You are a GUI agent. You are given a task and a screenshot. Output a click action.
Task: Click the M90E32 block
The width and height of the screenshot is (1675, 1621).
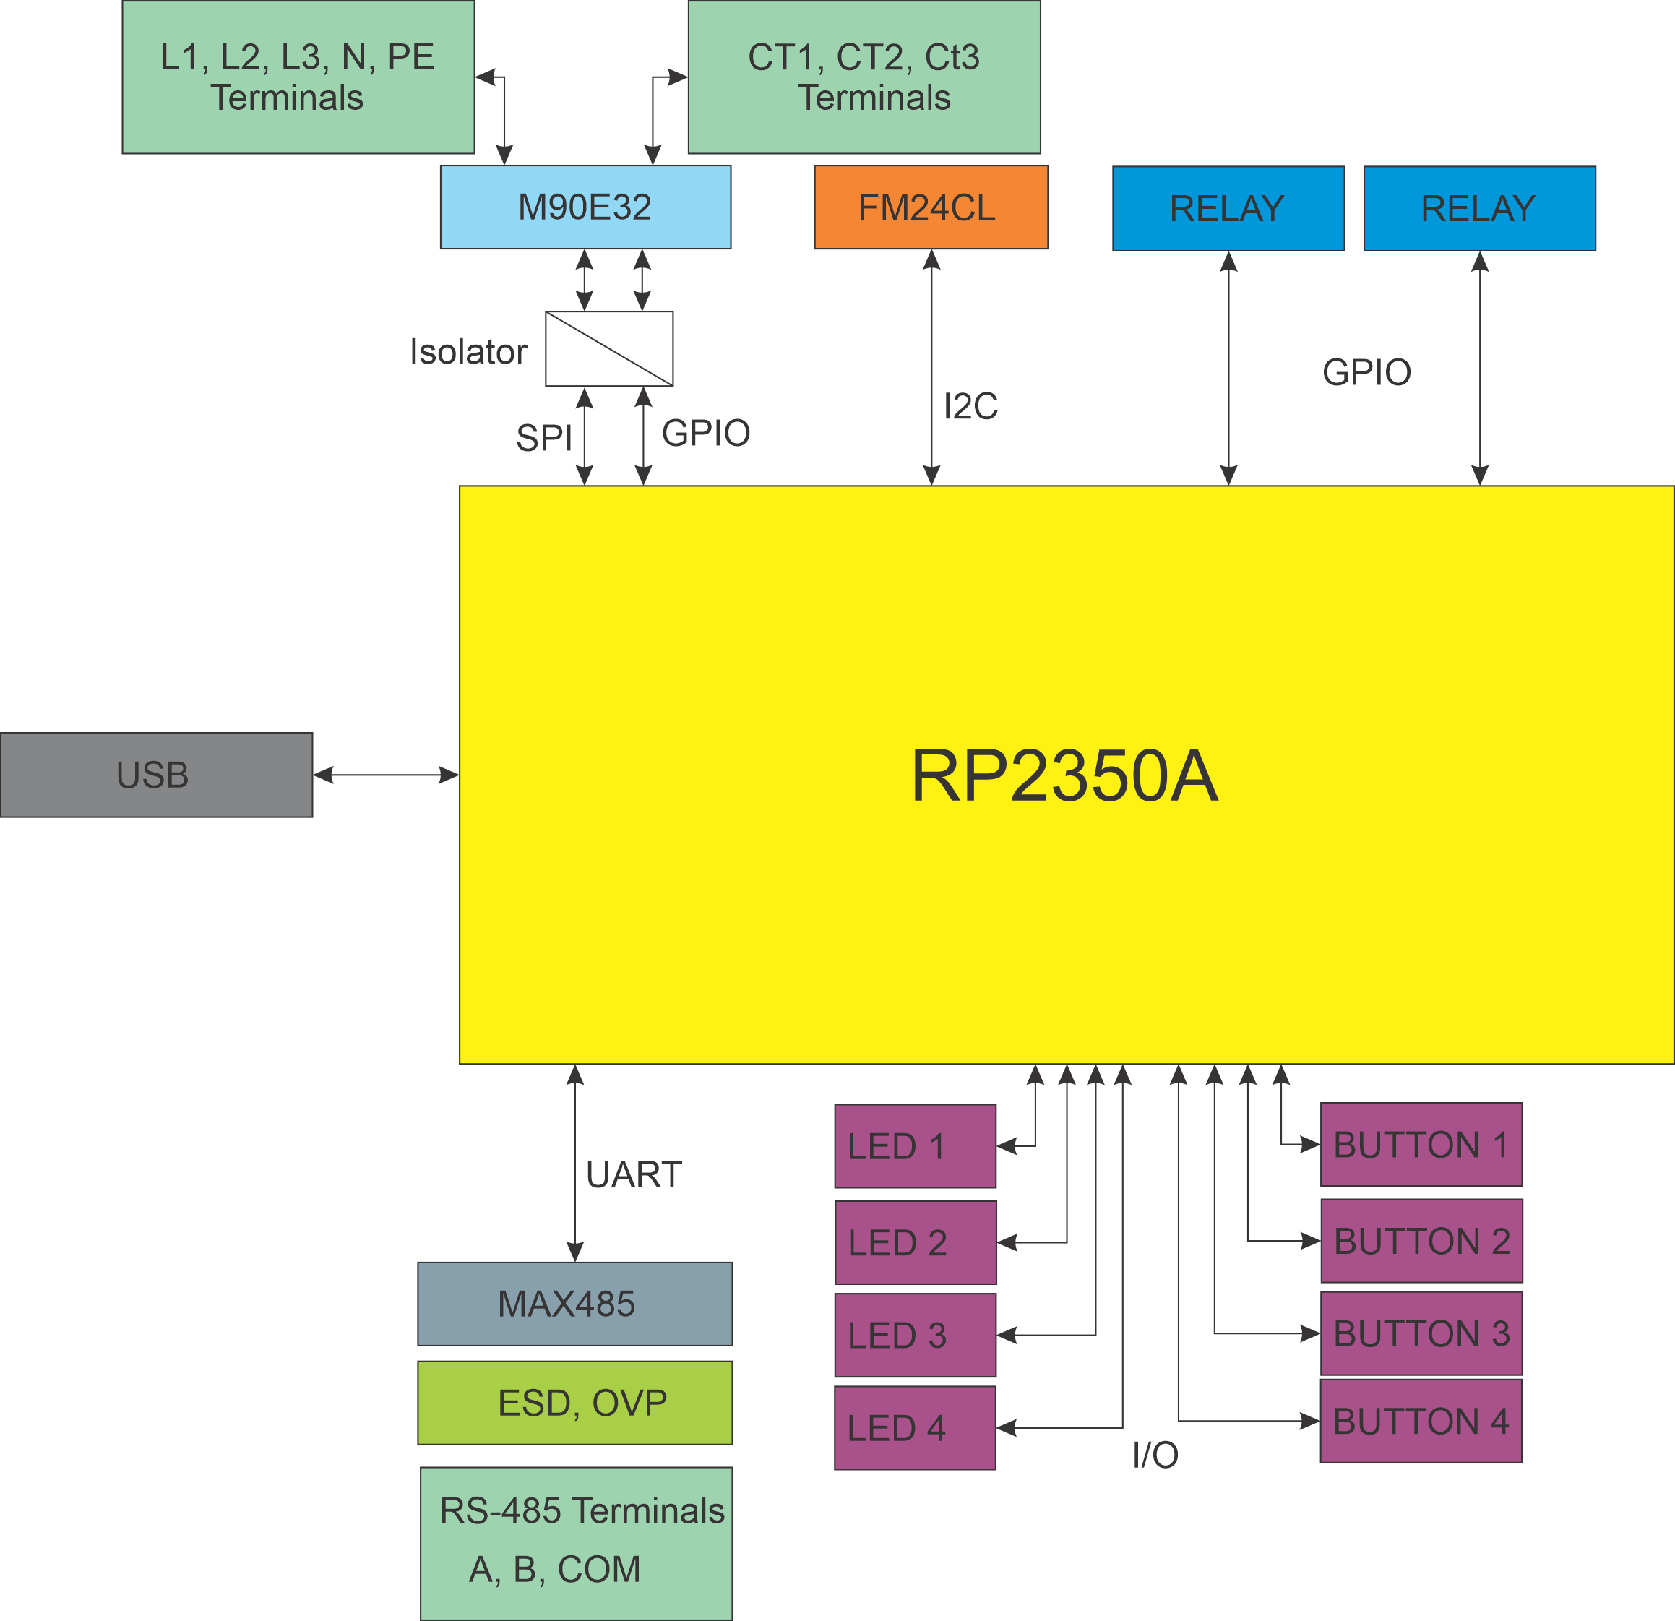click(x=585, y=207)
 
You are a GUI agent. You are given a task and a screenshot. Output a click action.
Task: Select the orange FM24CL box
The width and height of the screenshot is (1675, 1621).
click(x=931, y=207)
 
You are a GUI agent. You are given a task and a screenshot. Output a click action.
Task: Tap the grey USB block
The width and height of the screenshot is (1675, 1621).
click(x=156, y=774)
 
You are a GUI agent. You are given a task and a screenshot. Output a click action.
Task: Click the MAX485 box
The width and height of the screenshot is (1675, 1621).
click(x=574, y=1304)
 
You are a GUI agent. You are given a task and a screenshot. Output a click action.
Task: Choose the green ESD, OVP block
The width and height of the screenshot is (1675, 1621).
click(x=574, y=1403)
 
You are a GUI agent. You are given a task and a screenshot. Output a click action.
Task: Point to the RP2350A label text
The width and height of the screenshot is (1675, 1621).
click(x=1064, y=776)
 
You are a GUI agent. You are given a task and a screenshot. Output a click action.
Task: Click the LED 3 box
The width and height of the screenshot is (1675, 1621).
click(x=914, y=1335)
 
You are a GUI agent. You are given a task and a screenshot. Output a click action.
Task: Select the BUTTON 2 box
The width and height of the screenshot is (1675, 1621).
click(x=1421, y=1241)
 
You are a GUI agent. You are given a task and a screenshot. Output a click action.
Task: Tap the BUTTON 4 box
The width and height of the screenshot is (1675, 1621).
click(x=1421, y=1421)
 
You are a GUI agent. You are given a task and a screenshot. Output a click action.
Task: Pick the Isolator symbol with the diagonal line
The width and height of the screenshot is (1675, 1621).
click(x=609, y=348)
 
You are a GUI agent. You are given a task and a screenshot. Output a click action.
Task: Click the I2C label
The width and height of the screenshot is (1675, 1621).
click(x=970, y=407)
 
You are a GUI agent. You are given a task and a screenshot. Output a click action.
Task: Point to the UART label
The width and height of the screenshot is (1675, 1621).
click(x=633, y=1175)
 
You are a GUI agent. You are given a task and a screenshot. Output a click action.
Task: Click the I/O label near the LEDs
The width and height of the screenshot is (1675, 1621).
click(x=1155, y=1454)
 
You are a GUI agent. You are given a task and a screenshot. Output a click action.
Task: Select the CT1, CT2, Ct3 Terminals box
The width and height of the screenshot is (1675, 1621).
click(x=864, y=77)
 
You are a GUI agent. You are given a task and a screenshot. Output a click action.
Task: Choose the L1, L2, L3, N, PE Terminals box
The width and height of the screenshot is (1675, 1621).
click(x=298, y=77)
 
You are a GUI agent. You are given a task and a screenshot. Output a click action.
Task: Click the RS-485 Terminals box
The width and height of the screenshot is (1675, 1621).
click(x=576, y=1542)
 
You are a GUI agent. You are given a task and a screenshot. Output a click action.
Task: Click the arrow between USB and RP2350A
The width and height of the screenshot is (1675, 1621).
click(x=387, y=775)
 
